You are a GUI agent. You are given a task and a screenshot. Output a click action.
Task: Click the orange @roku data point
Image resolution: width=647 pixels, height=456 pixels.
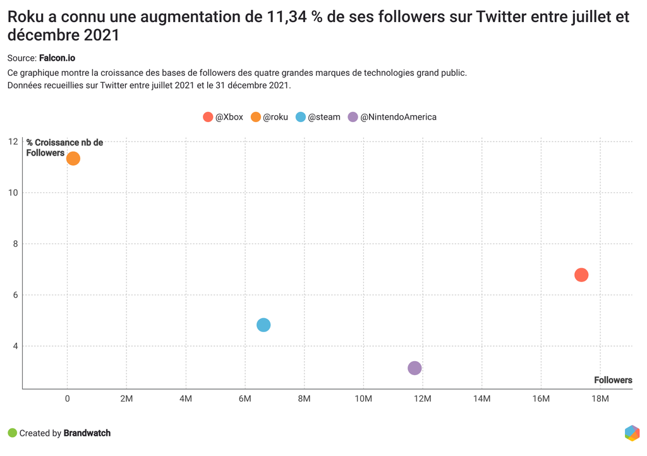coord(73,158)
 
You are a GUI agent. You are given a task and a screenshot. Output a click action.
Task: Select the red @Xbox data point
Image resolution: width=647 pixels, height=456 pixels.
coord(581,274)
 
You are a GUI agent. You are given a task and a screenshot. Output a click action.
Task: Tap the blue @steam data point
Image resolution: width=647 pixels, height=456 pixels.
coord(263,324)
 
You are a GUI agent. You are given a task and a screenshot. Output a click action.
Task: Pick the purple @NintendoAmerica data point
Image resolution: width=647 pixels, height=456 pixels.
coord(414,368)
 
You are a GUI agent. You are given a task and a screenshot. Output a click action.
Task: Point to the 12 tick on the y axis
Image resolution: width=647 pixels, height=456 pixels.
coord(14,141)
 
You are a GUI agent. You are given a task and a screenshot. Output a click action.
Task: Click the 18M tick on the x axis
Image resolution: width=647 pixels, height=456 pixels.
coord(600,398)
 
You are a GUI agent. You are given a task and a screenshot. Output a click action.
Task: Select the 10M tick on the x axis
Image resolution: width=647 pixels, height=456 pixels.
coord(363,398)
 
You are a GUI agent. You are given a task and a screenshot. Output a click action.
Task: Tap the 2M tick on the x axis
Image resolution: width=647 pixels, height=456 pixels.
coord(126,398)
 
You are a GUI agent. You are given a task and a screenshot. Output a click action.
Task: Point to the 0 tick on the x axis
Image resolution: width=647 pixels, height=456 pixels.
coord(68,398)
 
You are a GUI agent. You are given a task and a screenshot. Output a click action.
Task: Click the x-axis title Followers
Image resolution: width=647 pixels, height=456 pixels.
coord(613,380)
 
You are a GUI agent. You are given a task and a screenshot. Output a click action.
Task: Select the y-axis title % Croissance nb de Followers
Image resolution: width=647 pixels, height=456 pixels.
coord(64,147)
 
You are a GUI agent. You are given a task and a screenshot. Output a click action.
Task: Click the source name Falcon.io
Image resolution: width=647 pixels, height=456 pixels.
coord(57,58)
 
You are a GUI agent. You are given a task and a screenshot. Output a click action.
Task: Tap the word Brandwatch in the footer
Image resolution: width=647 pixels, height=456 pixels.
coord(87,433)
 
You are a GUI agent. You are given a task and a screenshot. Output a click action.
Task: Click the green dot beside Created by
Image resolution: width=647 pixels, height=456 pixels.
coord(12,433)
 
